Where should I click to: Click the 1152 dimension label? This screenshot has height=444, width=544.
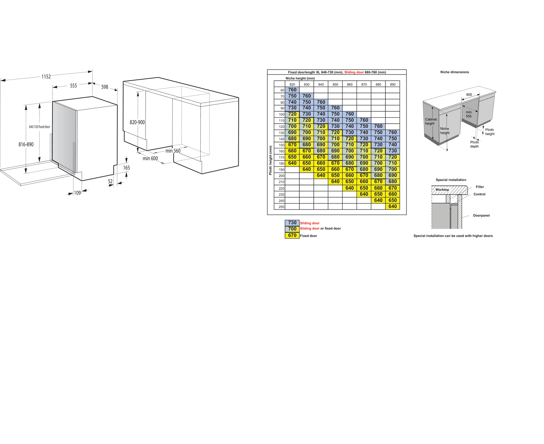tap(46, 77)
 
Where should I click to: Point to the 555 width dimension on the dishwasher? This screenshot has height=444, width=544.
tap(74, 86)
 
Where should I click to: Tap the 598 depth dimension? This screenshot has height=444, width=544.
tap(105, 87)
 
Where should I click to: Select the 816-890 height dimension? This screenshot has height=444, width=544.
tap(26, 144)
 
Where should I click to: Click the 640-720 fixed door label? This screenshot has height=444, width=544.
tap(40, 127)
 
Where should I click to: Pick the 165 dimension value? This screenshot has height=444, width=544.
tap(126, 168)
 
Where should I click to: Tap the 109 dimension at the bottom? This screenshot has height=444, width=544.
tap(77, 193)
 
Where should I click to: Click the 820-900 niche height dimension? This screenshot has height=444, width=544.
tap(137, 122)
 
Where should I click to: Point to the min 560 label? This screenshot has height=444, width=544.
tap(173, 151)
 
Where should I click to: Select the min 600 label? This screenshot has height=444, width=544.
tap(150, 158)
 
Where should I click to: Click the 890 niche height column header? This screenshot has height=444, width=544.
tap(392, 84)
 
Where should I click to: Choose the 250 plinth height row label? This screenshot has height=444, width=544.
tap(282, 207)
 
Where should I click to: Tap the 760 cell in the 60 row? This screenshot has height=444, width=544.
tap(292, 90)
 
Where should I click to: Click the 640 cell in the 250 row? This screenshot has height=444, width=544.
tap(392, 206)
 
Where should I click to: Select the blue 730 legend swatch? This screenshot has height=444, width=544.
tap(292, 223)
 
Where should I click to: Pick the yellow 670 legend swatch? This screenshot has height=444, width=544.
tap(292, 235)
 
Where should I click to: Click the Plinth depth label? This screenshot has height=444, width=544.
tap(475, 144)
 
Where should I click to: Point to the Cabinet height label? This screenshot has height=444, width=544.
tap(431, 121)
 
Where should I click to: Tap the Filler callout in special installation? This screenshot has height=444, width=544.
tap(480, 187)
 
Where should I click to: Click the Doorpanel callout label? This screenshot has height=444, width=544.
tap(481, 215)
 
